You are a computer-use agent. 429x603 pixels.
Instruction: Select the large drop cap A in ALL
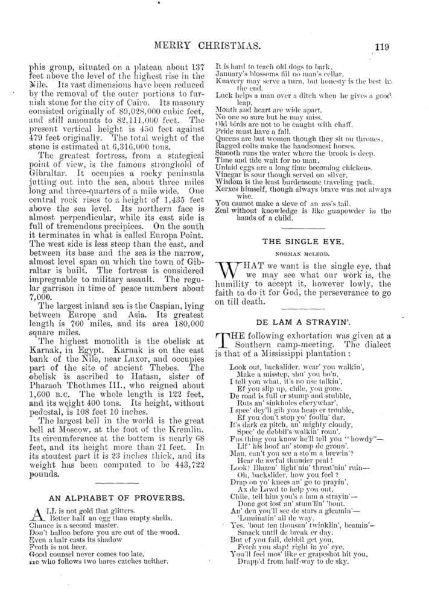[36, 514]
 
